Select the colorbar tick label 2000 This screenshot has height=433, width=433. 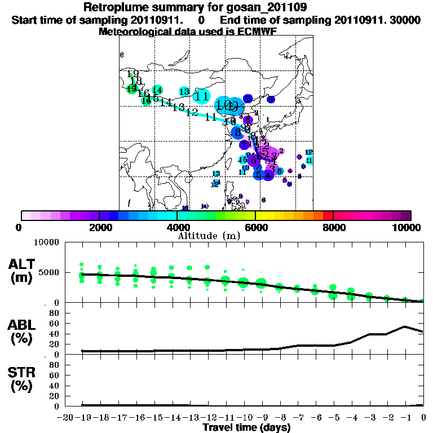[x=99, y=227]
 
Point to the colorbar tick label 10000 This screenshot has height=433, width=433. [x=407, y=227]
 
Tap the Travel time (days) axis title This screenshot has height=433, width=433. [x=246, y=428]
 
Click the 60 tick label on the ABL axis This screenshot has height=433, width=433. [x=55, y=323]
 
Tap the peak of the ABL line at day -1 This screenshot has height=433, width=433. [x=405, y=326]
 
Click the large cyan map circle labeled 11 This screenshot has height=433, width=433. [x=202, y=96]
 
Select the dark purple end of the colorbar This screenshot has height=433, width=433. [x=405, y=215]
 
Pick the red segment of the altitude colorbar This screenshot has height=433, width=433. [x=328, y=215]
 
